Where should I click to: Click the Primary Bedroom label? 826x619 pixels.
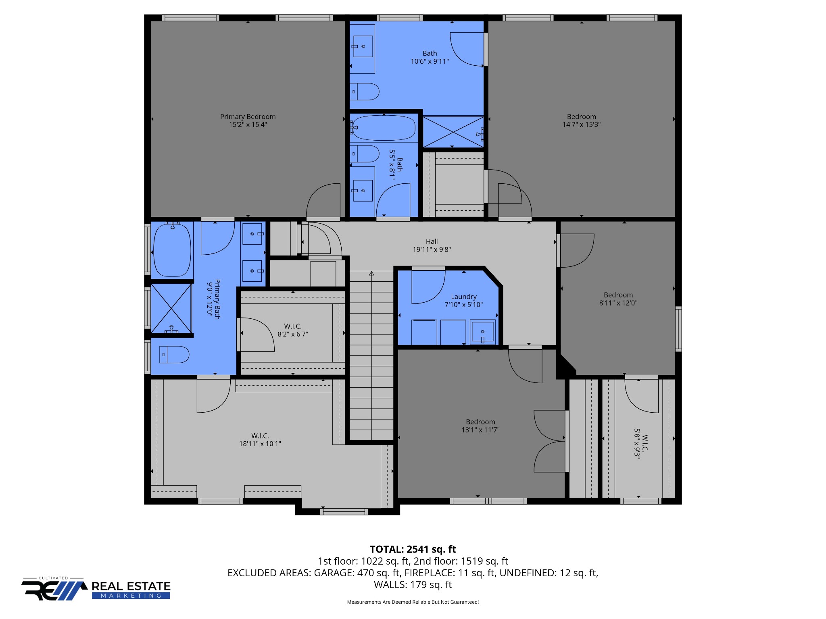click(248, 116)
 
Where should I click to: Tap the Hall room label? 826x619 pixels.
click(432, 241)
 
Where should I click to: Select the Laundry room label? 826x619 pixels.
click(464, 297)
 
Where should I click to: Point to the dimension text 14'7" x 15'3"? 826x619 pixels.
click(582, 125)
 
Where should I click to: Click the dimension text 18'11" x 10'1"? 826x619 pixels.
click(260, 444)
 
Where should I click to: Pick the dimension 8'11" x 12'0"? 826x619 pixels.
click(618, 303)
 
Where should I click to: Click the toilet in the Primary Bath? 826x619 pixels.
click(174, 355)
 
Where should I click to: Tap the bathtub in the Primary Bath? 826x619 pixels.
click(172, 249)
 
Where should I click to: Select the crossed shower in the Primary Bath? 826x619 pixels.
click(171, 309)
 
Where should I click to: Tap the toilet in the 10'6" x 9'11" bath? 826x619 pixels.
click(365, 91)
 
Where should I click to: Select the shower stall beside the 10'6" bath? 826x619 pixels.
click(453, 132)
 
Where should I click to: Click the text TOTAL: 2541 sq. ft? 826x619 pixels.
click(413, 549)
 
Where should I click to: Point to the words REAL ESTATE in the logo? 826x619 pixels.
click(131, 586)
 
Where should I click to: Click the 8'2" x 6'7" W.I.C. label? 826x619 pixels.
click(293, 330)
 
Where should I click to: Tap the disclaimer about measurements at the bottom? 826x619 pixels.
click(413, 602)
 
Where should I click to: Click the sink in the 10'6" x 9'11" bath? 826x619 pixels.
click(363, 46)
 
